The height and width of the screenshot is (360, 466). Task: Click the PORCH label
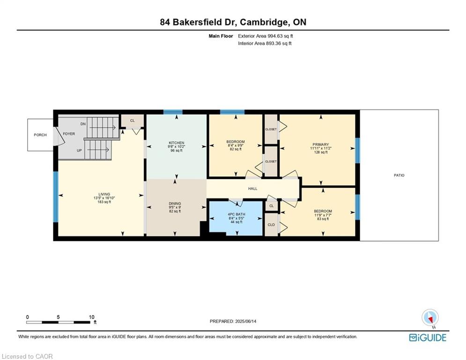pos(40,135)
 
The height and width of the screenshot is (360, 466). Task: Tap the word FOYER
pos(69,134)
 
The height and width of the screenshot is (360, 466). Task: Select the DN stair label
pos(83,124)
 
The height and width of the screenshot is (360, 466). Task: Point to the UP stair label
pos(79,150)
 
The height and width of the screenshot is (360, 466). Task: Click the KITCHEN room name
pos(177,143)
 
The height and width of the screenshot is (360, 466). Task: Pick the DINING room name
pos(175,203)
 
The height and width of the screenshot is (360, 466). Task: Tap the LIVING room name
pos(104,194)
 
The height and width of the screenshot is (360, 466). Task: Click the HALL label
pos(252,188)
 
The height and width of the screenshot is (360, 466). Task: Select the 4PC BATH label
pos(237,214)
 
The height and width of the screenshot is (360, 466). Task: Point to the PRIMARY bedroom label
pos(321,144)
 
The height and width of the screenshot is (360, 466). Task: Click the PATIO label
pos(399,175)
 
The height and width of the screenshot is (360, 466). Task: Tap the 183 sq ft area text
pos(104,202)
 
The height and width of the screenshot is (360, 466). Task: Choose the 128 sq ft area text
pos(321,152)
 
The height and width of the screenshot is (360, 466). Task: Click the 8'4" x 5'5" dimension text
pos(237,218)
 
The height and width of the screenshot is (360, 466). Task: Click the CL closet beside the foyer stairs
pos(133,120)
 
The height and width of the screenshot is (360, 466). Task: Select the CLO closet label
pos(271,225)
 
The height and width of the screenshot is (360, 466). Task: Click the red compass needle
pos(430,319)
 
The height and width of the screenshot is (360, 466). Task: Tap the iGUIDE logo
pos(428,337)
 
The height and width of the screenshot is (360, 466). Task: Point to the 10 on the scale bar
pos(91,317)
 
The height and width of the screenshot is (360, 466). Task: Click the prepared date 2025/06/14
pos(246,321)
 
